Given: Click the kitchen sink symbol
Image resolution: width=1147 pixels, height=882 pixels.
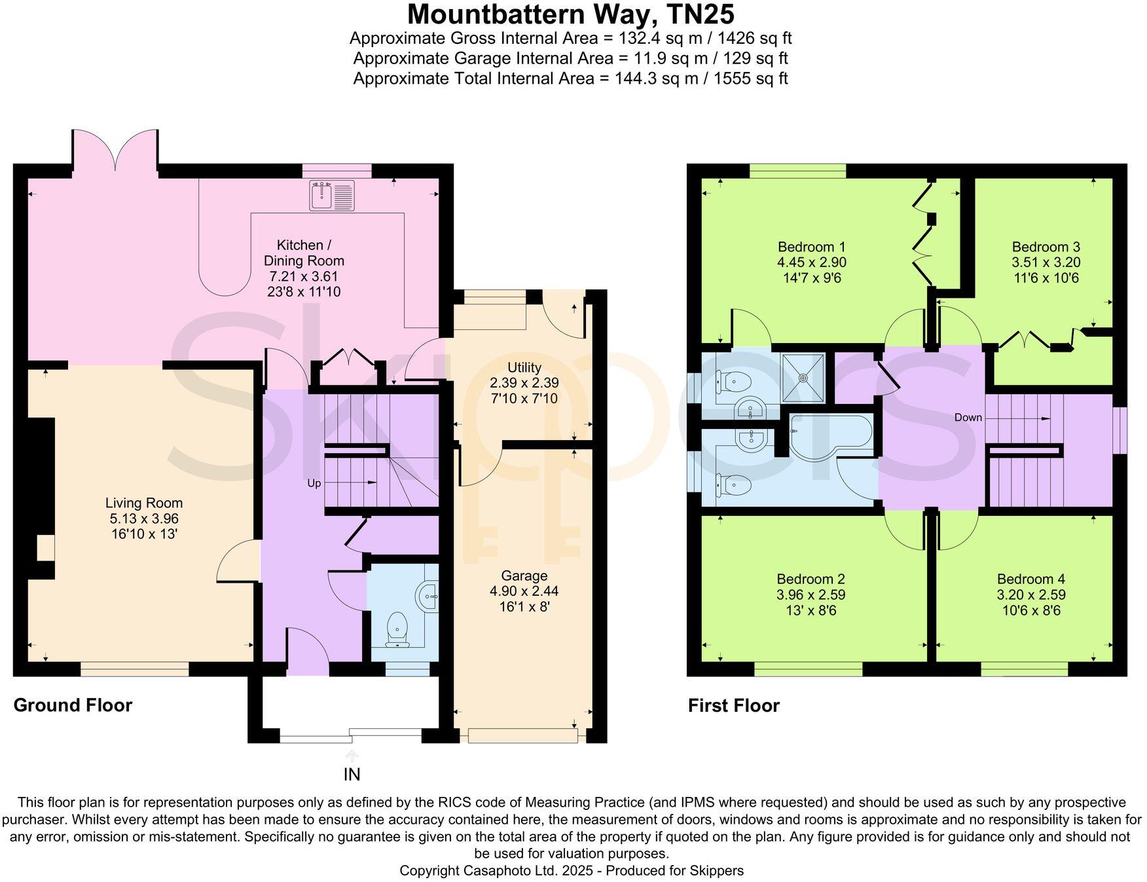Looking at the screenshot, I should click(332, 195).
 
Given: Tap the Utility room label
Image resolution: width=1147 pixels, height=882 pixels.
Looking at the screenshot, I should click(524, 367).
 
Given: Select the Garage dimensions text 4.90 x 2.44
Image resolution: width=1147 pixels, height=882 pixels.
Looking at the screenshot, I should click(524, 591).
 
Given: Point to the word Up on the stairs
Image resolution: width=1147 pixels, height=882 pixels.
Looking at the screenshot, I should click(314, 483).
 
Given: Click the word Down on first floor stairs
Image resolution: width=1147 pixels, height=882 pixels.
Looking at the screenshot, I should click(968, 418).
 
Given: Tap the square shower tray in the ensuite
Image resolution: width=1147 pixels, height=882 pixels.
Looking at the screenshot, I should click(803, 378).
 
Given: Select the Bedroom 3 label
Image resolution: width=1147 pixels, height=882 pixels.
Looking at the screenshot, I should click(1046, 247).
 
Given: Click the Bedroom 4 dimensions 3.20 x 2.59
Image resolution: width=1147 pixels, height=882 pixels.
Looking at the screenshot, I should click(1030, 595).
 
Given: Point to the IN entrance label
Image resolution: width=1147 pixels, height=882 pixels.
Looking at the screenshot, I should click(352, 775).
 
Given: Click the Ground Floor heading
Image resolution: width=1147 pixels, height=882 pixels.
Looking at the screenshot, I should click(73, 705).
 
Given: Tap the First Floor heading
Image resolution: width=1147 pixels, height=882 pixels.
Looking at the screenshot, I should click(733, 706).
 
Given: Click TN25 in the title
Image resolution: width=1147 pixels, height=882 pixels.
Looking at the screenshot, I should click(700, 14).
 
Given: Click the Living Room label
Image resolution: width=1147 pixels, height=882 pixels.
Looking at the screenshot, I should click(144, 503).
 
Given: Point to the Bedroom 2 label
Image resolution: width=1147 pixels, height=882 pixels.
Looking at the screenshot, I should click(810, 579).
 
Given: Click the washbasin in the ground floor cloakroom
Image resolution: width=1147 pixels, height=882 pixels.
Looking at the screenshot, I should click(428, 595).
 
